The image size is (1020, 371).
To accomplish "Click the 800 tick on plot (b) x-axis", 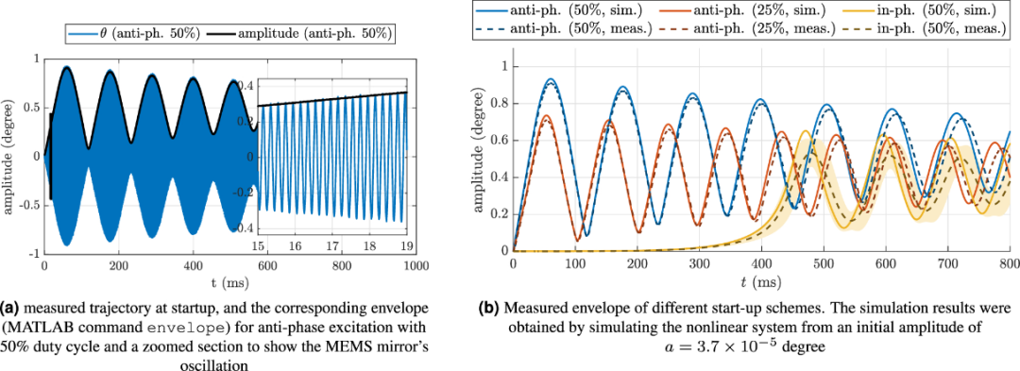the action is coord(1010,262).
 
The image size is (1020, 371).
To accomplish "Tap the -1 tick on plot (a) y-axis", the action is coord(33,254).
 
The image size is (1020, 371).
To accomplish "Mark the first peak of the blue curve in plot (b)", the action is coord(551,78).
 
